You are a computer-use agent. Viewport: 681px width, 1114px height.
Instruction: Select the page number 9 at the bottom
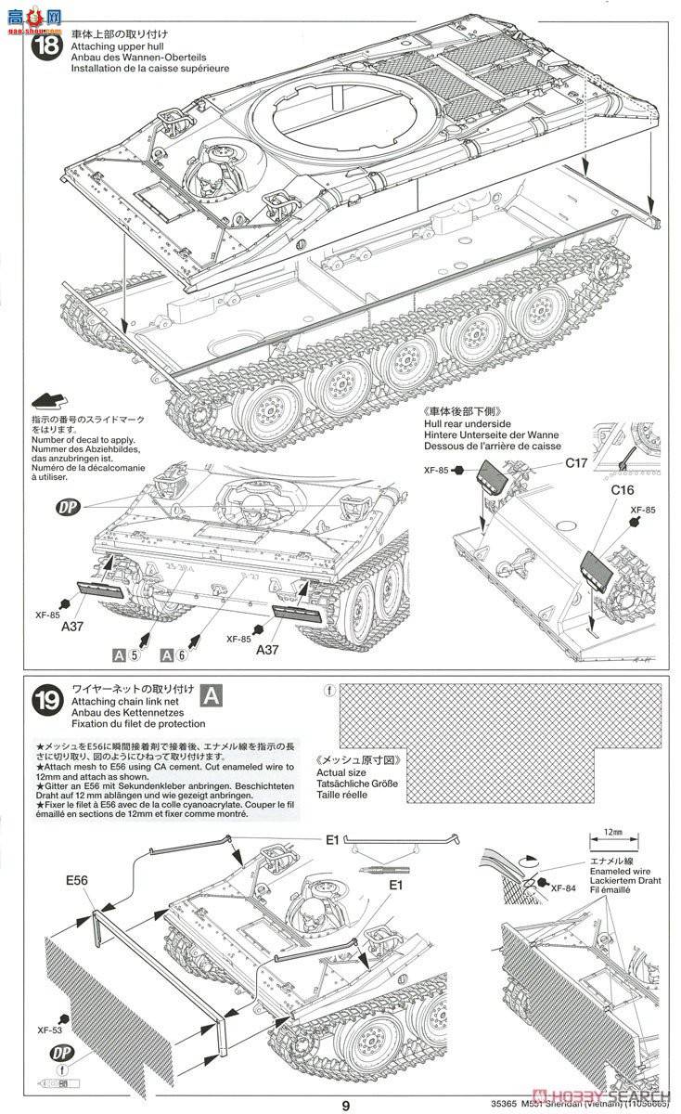point(345,1104)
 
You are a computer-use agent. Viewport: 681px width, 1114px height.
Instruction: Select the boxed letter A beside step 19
point(212,695)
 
